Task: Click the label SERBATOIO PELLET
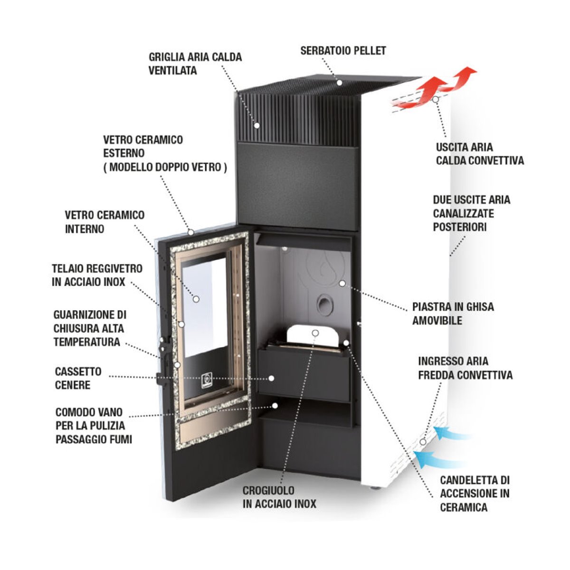[x=343, y=50]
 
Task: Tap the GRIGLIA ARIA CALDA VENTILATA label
[x=195, y=64]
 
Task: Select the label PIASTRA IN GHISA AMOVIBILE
[x=453, y=313]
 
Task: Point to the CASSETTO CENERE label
[x=78, y=378]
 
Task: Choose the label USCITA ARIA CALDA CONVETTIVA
[x=480, y=154]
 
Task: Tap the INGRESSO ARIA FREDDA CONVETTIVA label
[x=465, y=368]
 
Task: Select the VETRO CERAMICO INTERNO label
[x=104, y=222]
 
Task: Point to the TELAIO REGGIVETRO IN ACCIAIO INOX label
[x=97, y=275]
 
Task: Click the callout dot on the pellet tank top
[x=340, y=83]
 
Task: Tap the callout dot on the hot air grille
[x=257, y=125]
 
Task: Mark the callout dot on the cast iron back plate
[x=342, y=284]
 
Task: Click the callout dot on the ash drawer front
[x=271, y=378]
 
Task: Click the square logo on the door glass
[x=207, y=380]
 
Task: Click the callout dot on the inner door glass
[x=196, y=299]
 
